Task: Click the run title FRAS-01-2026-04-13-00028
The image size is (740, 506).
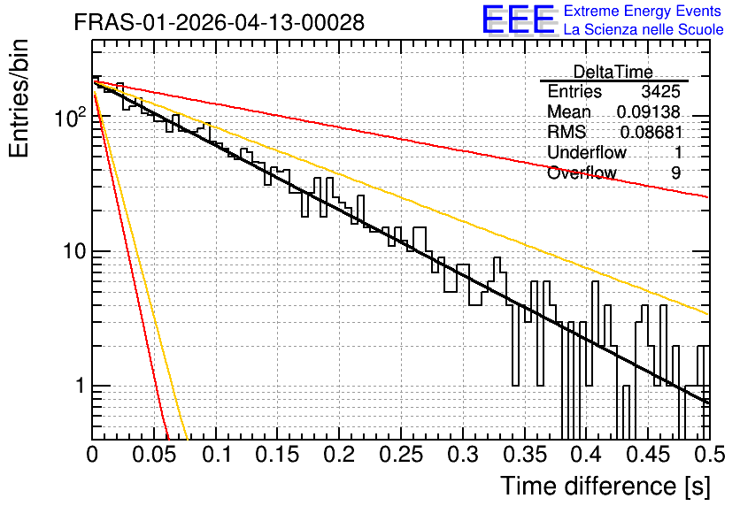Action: point(220,22)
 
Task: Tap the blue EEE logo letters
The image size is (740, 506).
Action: point(519,19)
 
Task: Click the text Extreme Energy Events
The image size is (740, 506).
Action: point(643,11)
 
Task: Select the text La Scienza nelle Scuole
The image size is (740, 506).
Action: point(644,29)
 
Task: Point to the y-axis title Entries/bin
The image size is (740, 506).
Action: point(19,98)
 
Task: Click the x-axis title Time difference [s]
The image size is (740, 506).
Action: point(605,486)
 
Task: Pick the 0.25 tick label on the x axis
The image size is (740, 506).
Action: point(401,455)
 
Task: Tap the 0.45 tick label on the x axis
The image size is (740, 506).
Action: point(648,455)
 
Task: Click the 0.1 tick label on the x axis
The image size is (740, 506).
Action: point(217,455)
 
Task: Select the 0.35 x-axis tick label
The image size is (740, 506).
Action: point(525,455)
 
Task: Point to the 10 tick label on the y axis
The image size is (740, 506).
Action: point(74,251)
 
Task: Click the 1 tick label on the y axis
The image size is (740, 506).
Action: point(81,386)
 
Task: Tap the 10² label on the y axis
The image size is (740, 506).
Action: point(71,117)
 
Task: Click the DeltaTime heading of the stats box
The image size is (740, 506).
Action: point(613,72)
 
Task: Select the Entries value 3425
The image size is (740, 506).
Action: point(660,91)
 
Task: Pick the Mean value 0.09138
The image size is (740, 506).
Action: point(649,111)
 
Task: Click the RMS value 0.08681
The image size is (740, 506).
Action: point(651,132)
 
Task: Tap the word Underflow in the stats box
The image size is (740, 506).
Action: point(587,152)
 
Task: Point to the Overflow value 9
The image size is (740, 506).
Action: point(675,173)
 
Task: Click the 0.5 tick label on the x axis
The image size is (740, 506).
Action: point(710,455)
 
